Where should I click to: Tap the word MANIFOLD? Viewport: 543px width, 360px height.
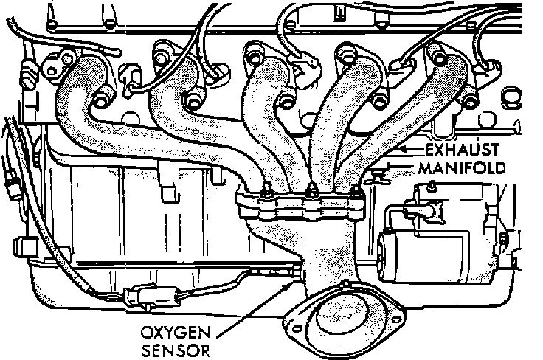point(461,168)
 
